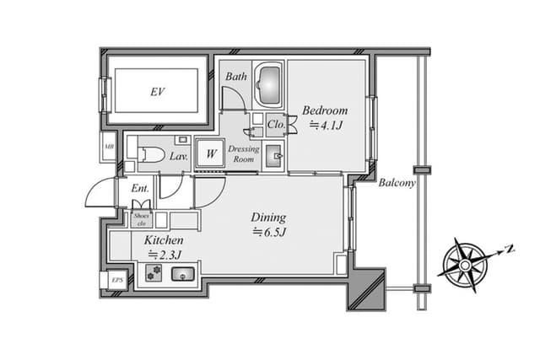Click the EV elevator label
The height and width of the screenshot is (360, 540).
[158, 92]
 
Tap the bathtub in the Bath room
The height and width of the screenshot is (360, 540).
[269, 84]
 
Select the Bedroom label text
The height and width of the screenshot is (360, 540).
[325, 110]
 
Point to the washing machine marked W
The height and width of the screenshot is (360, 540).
[210, 153]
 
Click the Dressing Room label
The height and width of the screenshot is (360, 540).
[244, 153]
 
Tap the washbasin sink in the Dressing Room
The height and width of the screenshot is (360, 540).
[273, 156]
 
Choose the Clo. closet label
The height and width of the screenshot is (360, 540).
[276, 124]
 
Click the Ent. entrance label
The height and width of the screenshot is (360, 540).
[140, 188]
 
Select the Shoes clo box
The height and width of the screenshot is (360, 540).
[142, 219]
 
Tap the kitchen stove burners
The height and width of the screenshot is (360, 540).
[154, 272]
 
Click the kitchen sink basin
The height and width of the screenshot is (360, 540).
[182, 274]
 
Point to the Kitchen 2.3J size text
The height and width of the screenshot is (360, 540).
[165, 255]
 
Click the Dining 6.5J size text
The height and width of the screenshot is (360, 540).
[269, 233]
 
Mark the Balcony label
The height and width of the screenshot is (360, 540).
[397, 183]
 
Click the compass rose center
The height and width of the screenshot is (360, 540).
[465, 265]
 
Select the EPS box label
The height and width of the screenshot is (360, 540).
[117, 280]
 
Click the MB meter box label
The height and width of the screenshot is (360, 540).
[109, 147]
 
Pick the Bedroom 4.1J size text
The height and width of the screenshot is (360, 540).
[326, 126]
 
